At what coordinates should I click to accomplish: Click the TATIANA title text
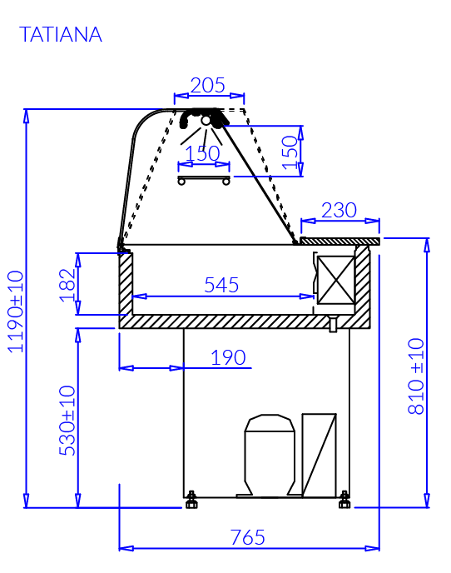pyautogui.click(x=61, y=35)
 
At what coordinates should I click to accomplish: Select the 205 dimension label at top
pyautogui.click(x=208, y=86)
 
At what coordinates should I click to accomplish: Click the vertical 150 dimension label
pyautogui.click(x=290, y=152)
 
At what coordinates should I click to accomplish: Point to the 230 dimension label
pyautogui.click(x=339, y=210)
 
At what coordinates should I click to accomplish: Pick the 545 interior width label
pyautogui.click(x=221, y=285)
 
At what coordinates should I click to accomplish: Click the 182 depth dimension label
pyautogui.click(x=67, y=285)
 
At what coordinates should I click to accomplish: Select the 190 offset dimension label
pyautogui.click(x=228, y=357)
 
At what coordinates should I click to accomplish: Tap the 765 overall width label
pyautogui.click(x=248, y=537)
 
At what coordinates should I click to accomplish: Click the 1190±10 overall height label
pyautogui.click(x=16, y=311)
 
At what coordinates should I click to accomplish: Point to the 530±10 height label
pyautogui.click(x=67, y=421)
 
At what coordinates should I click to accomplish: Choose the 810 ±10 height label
pyautogui.click(x=416, y=376)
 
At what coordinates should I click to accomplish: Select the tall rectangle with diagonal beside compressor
pyautogui.click(x=320, y=456)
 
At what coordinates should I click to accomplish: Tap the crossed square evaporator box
pyautogui.click(x=336, y=280)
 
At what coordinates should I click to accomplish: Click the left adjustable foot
pyautogui.click(x=191, y=500)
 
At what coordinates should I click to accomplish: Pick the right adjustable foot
pyautogui.click(x=344, y=500)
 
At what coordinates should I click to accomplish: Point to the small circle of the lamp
pyautogui.click(x=206, y=120)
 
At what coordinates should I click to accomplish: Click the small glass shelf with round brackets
pyautogui.click(x=204, y=180)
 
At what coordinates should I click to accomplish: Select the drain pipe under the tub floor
pyautogui.click(x=333, y=325)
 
